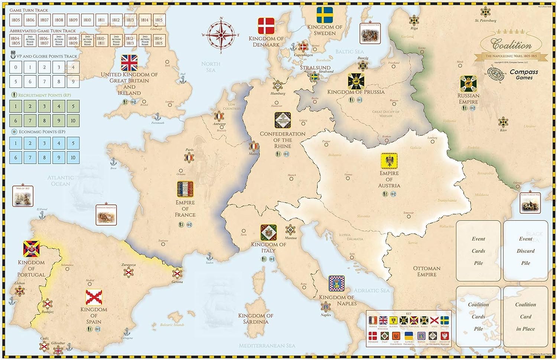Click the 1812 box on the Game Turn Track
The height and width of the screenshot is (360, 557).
coord(116,20)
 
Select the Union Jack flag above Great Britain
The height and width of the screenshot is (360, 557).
coord(129,63)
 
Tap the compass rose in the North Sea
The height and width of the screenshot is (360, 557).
coord(221,35)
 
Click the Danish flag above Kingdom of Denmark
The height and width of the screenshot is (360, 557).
coord(266,26)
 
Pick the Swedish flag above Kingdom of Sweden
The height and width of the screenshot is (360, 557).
coord(325,15)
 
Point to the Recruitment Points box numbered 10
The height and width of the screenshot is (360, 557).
coord(73,121)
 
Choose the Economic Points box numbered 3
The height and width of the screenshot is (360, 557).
coord(44,143)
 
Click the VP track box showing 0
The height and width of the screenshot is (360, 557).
coord(16,68)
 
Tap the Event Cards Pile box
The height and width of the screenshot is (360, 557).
coord(478,251)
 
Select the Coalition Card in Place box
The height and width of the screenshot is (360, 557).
coord(525,317)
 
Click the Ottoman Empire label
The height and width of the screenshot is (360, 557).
coord(427,271)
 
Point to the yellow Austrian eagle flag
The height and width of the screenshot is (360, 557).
coord(389,161)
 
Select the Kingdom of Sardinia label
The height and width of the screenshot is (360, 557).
coord(256,319)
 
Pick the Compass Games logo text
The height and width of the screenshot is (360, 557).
coord(524,75)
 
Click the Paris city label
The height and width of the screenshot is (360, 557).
coord(189,150)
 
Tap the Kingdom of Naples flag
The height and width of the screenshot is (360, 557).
coord(336,284)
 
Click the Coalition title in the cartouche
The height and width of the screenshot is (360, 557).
coord(511,46)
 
